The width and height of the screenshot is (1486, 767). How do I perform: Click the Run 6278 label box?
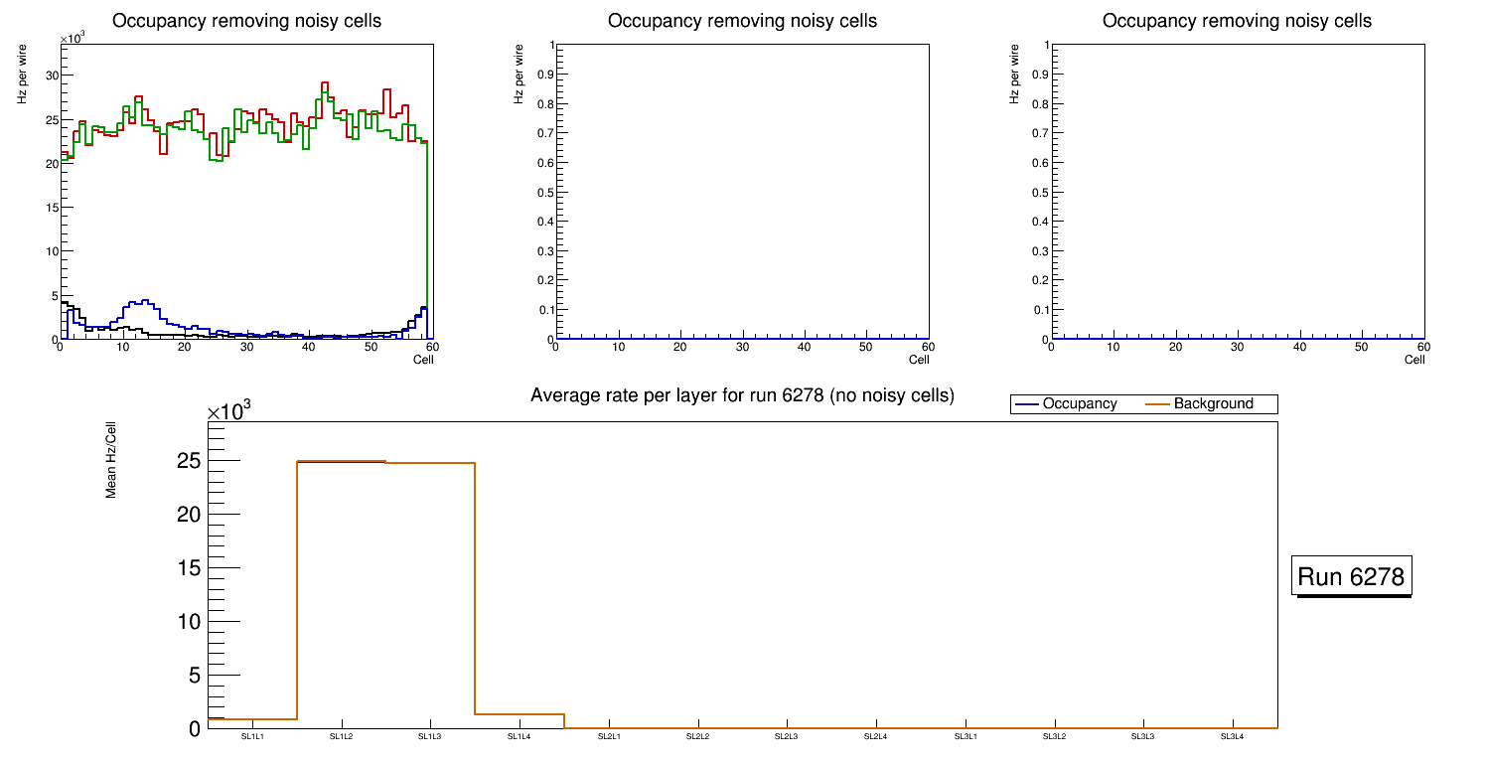click(x=1352, y=576)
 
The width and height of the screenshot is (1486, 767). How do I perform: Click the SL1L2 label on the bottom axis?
click(x=341, y=737)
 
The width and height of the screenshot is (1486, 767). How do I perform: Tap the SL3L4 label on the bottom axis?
click(x=1233, y=737)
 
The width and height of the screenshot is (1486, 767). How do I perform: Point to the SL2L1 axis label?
click(x=609, y=737)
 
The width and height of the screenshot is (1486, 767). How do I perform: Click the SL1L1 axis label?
click(x=252, y=737)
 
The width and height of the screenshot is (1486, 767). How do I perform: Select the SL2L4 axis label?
click(x=876, y=737)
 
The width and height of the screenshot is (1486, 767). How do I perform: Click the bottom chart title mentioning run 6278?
click(x=742, y=395)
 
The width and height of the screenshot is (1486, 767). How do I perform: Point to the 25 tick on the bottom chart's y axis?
click(x=189, y=461)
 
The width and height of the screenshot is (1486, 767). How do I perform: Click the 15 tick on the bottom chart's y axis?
click(x=189, y=568)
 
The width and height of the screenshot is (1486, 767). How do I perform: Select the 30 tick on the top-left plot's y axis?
click(x=52, y=76)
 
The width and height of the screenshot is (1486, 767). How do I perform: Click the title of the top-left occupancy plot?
click(x=246, y=21)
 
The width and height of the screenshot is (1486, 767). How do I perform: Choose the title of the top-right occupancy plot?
click(x=1237, y=21)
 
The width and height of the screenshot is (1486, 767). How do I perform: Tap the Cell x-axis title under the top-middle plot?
click(x=919, y=360)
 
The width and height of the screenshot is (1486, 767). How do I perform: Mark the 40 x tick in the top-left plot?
click(x=309, y=347)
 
